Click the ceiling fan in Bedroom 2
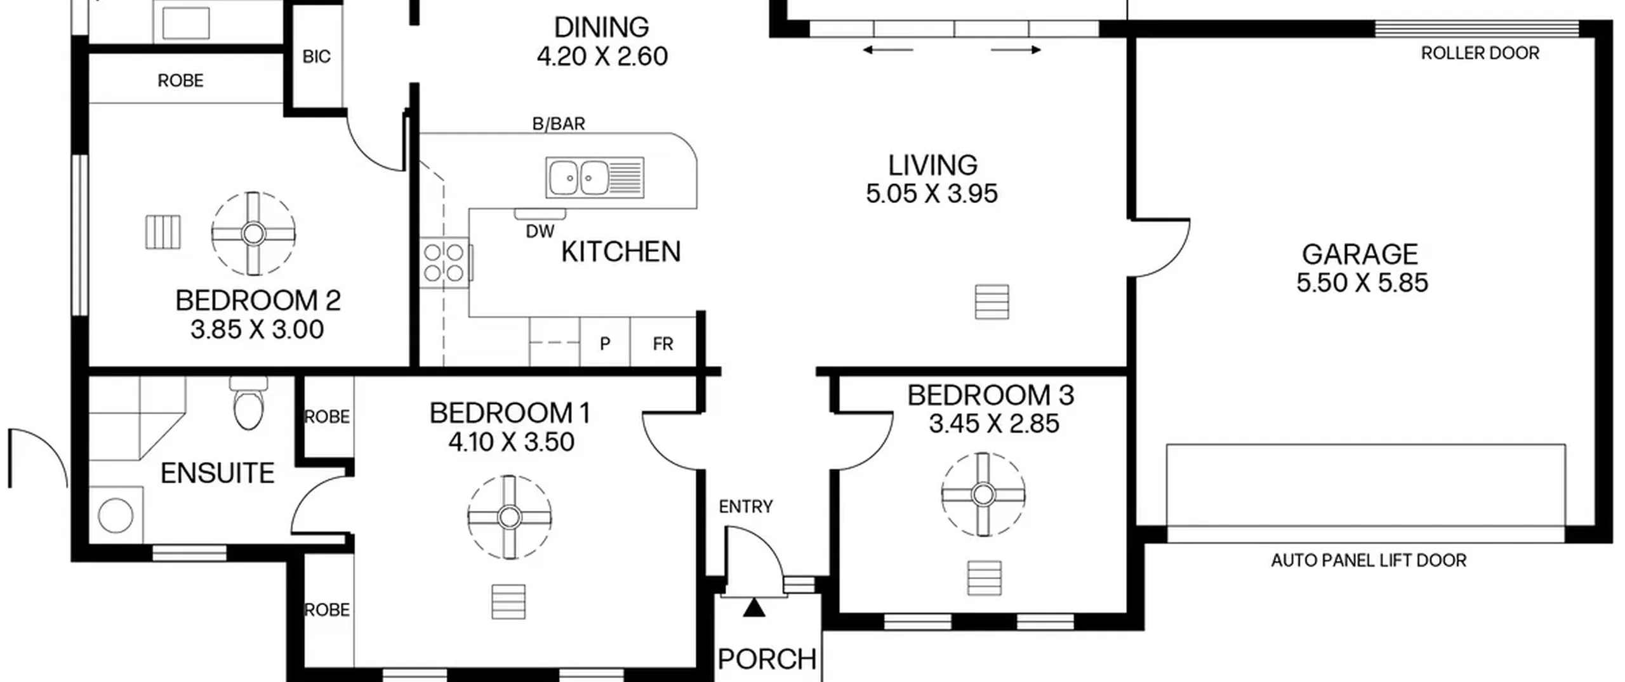point(253,233)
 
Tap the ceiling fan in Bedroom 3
point(983,494)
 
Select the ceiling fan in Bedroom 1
point(509,517)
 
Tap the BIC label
point(316,57)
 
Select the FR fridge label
point(663,344)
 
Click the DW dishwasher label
point(540,232)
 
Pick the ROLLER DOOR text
point(1480,53)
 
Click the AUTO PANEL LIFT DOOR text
point(1369,561)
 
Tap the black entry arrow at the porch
point(754,607)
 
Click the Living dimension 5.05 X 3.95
point(932,193)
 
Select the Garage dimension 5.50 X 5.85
point(1362,283)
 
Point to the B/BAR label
point(559,124)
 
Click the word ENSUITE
point(217,473)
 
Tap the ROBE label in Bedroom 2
point(180,81)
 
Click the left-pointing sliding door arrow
point(888,49)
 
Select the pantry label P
point(605,344)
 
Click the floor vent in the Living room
point(992,301)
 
